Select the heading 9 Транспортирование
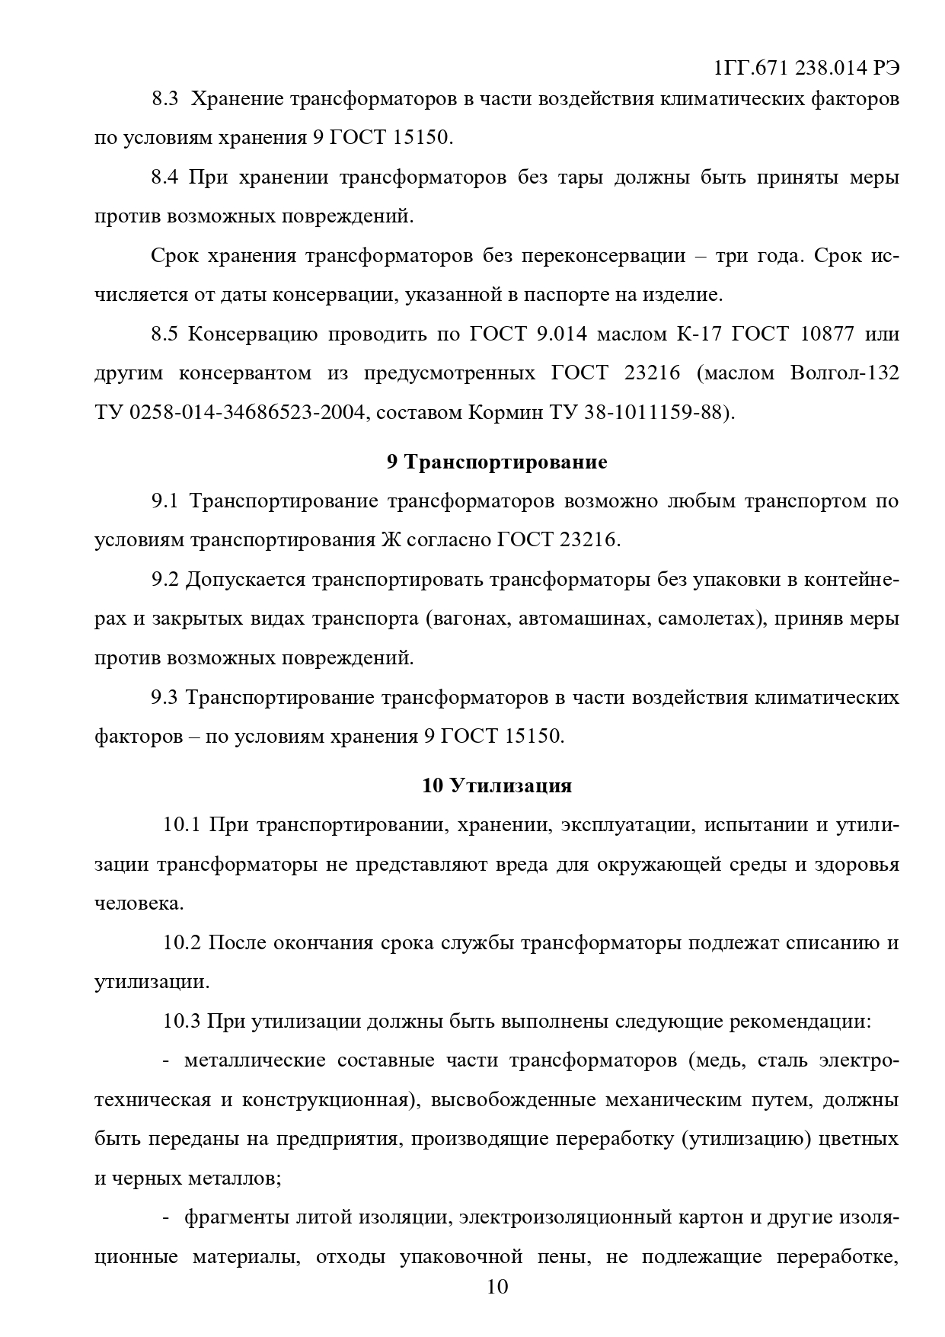[x=496, y=462]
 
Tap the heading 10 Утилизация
[x=496, y=785]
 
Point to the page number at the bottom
[x=496, y=1287]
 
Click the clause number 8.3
[x=164, y=99]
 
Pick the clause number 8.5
[x=164, y=334]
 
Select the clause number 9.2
[x=164, y=579]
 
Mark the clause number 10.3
[x=181, y=1022]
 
